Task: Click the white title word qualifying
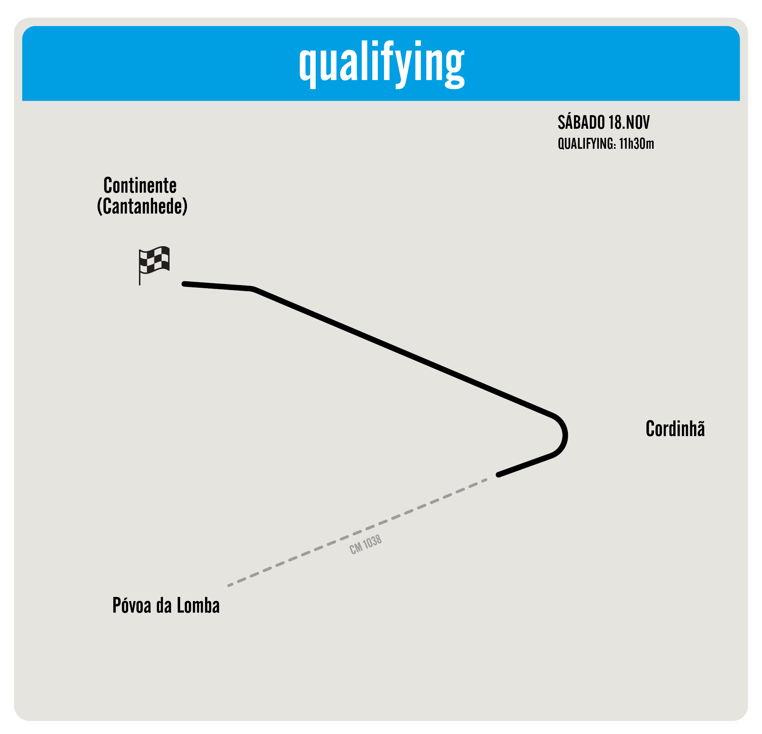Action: (381, 63)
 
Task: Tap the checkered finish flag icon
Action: (154, 260)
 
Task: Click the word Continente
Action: (140, 185)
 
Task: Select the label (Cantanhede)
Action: (142, 207)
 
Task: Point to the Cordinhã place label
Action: (675, 429)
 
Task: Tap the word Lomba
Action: (198, 605)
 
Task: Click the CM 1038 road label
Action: (366, 545)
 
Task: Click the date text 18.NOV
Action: (629, 123)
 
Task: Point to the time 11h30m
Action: (637, 144)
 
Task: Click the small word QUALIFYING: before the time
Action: (587, 144)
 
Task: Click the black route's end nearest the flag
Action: (184, 284)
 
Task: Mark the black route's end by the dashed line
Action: (498, 475)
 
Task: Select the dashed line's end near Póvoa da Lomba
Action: (229, 585)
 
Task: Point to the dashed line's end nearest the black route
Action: (486, 480)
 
